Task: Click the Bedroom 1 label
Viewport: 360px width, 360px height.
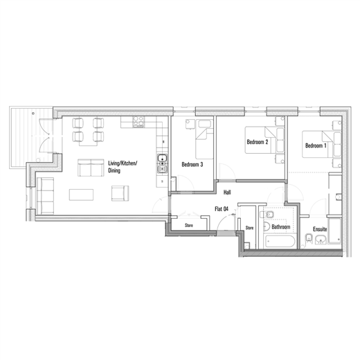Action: pyautogui.click(x=316, y=145)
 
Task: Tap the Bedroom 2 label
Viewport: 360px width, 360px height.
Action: pyautogui.click(x=258, y=142)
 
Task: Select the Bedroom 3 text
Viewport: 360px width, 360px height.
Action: pyautogui.click(x=192, y=165)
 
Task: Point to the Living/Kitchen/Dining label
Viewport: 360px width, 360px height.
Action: pyautogui.click(x=123, y=167)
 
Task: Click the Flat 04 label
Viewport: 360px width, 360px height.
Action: pyautogui.click(x=222, y=209)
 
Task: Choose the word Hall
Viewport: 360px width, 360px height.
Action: pyautogui.click(x=227, y=192)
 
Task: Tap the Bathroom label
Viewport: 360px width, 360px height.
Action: pyautogui.click(x=281, y=227)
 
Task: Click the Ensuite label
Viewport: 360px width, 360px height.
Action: pyautogui.click(x=320, y=229)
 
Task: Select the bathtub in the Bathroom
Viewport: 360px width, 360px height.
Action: pyautogui.click(x=280, y=242)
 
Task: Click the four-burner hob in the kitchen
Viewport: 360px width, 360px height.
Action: pyautogui.click(x=138, y=122)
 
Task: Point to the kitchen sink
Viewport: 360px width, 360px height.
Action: pyautogui.click(x=163, y=163)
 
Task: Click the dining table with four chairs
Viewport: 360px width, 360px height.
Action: pyautogui.click(x=88, y=132)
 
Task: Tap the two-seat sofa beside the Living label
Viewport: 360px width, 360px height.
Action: pyautogui.click(x=91, y=168)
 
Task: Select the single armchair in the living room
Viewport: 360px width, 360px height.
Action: pyautogui.click(x=120, y=193)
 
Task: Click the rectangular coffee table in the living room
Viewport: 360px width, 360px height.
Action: pyautogui.click(x=81, y=195)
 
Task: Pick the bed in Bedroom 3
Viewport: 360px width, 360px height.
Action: pyautogui.click(x=204, y=139)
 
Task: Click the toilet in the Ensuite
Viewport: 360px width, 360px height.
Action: pyautogui.click(x=309, y=238)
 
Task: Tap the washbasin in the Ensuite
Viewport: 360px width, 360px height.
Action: pyautogui.click(x=321, y=240)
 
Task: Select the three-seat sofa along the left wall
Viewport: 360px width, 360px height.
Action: pyautogui.click(x=45, y=196)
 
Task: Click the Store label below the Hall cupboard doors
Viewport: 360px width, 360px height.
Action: pyautogui.click(x=189, y=225)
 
